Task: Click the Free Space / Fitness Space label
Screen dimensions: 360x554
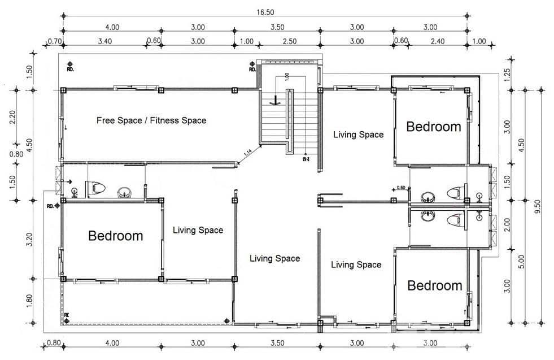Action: click(x=151, y=120)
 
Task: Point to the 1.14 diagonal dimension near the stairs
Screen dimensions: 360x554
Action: click(x=248, y=152)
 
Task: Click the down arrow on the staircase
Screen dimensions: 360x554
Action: click(x=274, y=101)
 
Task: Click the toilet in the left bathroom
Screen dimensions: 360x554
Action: click(x=97, y=189)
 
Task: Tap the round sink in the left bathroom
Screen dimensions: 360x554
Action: click(x=125, y=194)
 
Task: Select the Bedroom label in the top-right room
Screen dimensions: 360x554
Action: click(x=434, y=127)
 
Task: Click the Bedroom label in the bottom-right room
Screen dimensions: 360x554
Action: click(x=434, y=285)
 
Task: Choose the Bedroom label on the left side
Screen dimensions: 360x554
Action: click(x=115, y=236)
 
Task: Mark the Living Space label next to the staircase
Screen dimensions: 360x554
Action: click(x=358, y=135)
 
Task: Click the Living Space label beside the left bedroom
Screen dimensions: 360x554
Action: click(x=198, y=230)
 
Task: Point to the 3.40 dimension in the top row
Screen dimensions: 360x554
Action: click(x=104, y=41)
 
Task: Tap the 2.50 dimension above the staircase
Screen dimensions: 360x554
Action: click(x=289, y=41)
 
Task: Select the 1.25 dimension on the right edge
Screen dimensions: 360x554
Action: click(x=507, y=73)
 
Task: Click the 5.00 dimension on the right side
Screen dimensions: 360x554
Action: click(x=521, y=261)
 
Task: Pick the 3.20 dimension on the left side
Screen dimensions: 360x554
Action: click(x=29, y=240)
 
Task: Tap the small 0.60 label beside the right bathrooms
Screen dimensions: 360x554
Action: click(x=401, y=188)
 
